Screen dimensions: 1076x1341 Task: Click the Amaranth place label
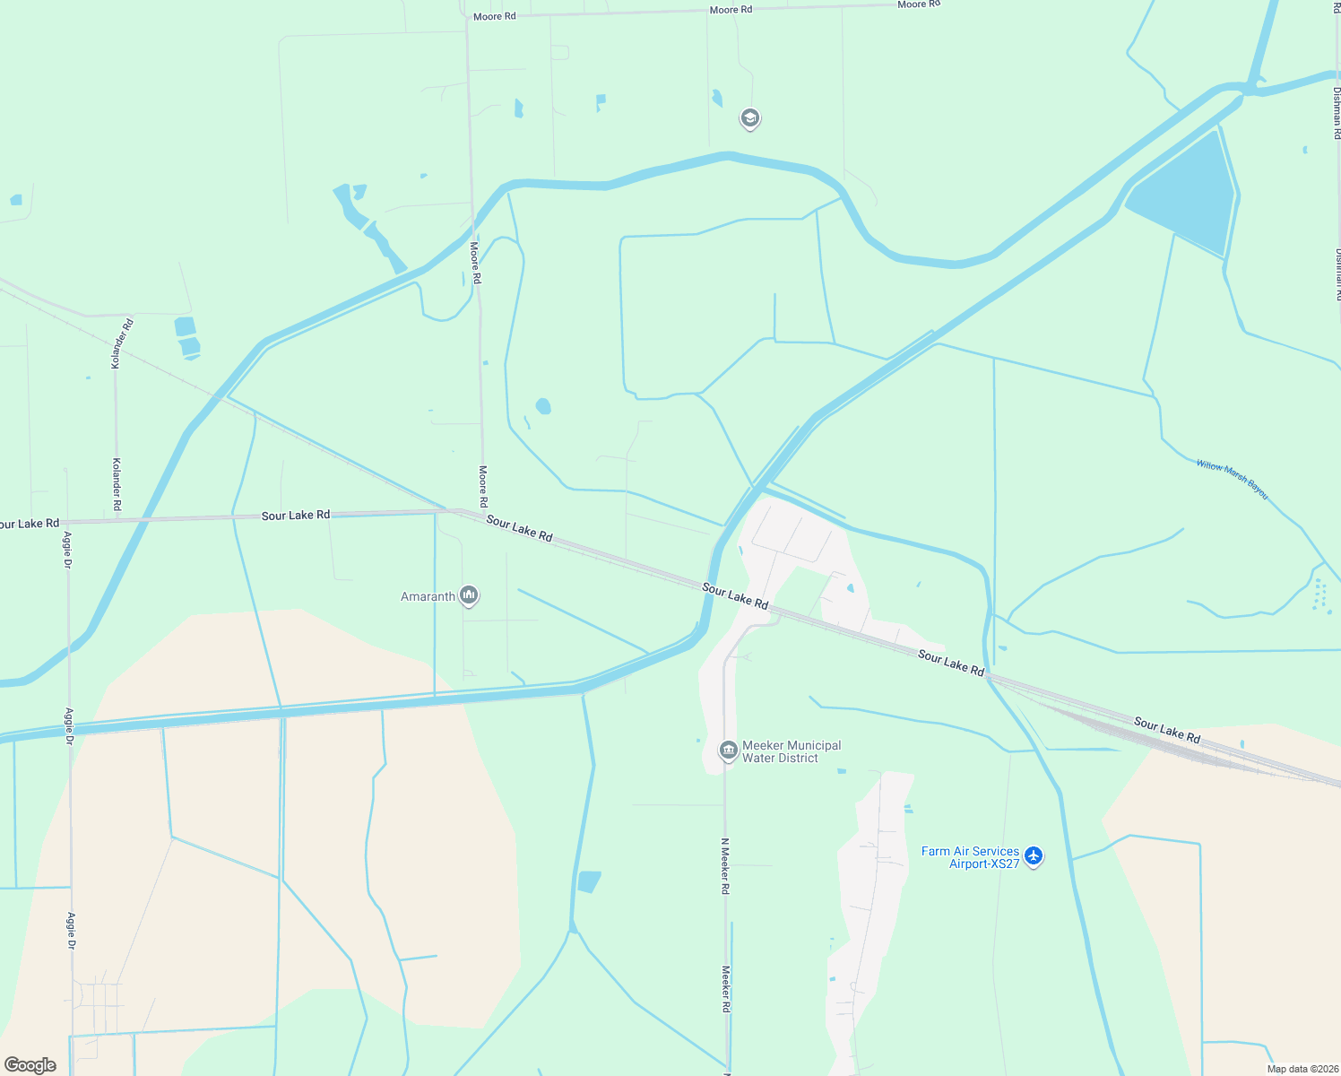[x=428, y=596]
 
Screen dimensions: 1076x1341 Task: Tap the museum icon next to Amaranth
[x=468, y=595]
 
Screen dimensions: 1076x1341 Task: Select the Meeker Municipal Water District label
[x=792, y=751]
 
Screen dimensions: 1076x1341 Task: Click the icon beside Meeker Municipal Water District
[x=729, y=750]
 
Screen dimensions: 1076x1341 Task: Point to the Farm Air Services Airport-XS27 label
[x=970, y=857]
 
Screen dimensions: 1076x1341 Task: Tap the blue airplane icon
[x=1034, y=856]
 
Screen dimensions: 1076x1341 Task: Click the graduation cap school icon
[x=749, y=117]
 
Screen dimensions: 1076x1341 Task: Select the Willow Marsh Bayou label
[x=1232, y=479]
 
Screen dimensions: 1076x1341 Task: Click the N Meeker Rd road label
[x=725, y=866]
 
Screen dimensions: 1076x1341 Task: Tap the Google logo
[x=30, y=1065]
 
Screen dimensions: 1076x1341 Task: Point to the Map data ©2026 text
[x=1302, y=1069]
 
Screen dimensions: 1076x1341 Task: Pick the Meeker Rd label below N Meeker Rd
[x=725, y=989]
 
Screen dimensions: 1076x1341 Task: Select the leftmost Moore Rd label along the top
[x=494, y=16]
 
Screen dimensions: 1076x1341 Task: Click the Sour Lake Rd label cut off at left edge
[x=30, y=524]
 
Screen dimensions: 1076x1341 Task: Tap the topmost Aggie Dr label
[x=67, y=550]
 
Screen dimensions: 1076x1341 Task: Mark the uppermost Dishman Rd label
[x=1337, y=112]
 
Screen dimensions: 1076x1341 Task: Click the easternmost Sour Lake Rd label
[x=1166, y=730]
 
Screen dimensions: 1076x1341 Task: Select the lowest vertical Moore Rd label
[x=483, y=487]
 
